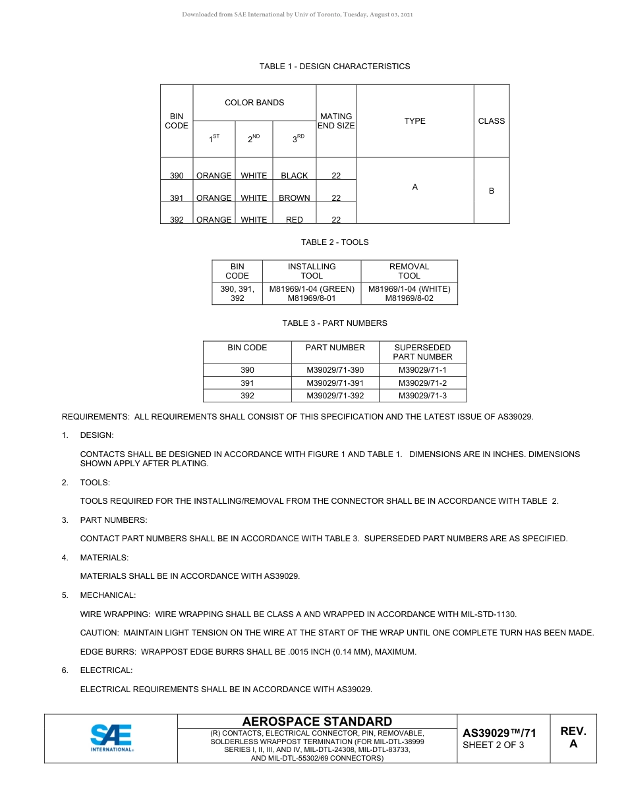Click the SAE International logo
point(111,738)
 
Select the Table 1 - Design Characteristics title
point(335,67)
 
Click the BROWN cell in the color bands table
point(294,198)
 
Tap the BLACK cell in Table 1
point(294,176)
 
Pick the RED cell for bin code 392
point(294,220)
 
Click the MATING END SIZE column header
point(336,121)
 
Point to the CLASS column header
point(491,121)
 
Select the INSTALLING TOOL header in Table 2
point(312,271)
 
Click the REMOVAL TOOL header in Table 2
point(409,271)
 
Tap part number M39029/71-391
point(335,383)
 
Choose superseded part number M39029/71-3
point(422,396)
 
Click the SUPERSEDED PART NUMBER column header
point(422,352)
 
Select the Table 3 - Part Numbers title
point(335,323)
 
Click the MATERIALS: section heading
point(104,558)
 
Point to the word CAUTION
point(99,633)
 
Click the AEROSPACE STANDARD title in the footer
point(317,722)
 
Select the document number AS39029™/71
point(499,733)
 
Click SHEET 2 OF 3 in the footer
point(494,745)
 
